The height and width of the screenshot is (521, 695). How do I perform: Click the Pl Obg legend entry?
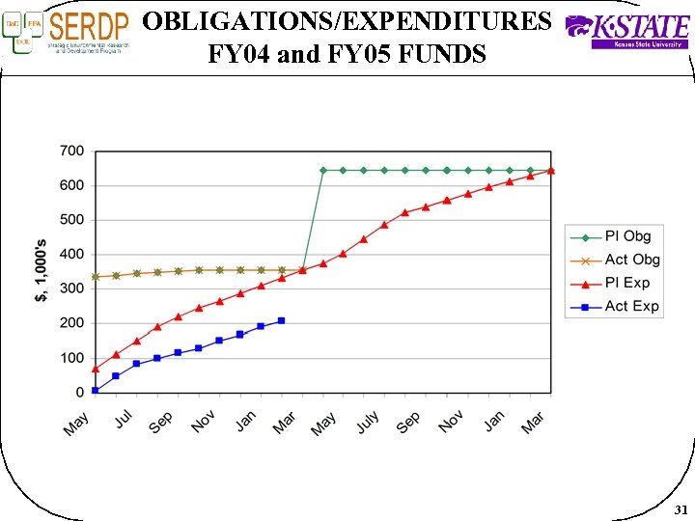(x=614, y=236)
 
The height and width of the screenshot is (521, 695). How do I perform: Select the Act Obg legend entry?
(x=614, y=260)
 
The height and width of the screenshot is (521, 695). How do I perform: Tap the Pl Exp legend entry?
(x=614, y=283)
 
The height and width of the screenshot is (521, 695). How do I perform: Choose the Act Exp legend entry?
(x=614, y=306)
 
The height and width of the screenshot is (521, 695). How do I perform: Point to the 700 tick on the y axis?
(x=72, y=151)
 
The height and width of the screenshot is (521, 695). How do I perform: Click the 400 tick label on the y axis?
(x=72, y=255)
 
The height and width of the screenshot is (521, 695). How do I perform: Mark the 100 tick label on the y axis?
(x=72, y=358)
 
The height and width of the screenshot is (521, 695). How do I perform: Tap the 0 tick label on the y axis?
(x=80, y=393)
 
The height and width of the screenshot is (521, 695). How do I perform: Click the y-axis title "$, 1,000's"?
(x=42, y=271)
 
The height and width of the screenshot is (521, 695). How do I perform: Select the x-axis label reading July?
(x=367, y=422)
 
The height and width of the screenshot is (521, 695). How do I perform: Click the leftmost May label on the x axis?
(x=77, y=422)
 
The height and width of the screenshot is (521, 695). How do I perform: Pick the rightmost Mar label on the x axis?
(x=534, y=422)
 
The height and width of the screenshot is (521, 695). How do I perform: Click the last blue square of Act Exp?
(x=281, y=320)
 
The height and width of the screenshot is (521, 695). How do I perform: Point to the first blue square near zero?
(x=95, y=390)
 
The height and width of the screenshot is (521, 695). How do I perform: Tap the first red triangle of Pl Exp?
(x=95, y=369)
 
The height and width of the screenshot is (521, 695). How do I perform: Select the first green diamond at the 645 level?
(x=322, y=170)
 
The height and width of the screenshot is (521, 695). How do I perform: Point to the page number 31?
(x=681, y=508)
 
